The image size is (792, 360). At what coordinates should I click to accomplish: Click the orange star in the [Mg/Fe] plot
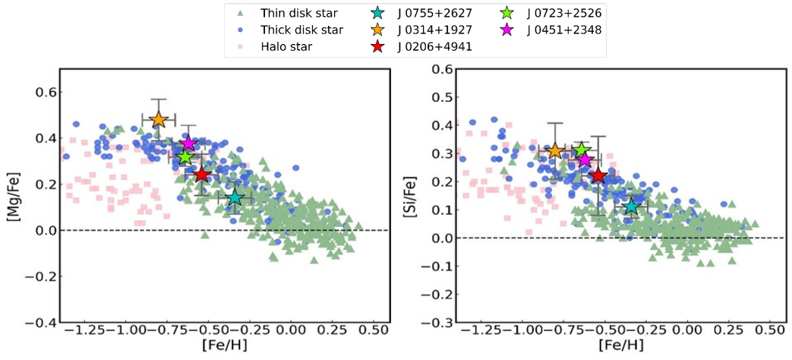tap(158, 119)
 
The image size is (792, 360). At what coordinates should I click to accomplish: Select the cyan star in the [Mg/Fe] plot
tap(235, 197)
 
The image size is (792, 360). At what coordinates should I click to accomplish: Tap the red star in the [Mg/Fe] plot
tap(201, 175)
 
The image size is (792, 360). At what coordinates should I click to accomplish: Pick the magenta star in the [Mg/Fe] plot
tap(188, 144)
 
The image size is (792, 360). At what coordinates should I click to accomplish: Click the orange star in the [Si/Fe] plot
tap(555, 151)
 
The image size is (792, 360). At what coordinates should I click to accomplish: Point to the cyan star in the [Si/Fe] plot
tap(631, 207)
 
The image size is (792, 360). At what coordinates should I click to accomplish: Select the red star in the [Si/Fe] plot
tap(598, 175)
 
